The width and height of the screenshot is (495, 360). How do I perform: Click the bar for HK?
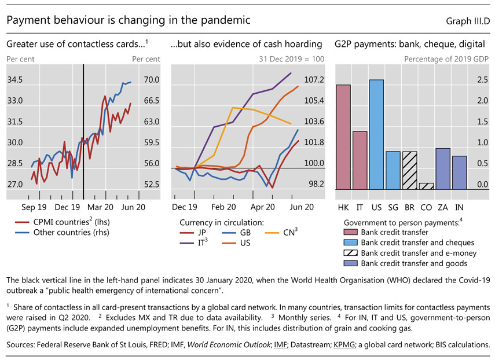pyautogui.click(x=343, y=137)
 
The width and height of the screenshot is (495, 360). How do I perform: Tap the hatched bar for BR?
pyautogui.click(x=409, y=170)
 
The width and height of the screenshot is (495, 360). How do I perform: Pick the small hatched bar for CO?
pyautogui.click(x=426, y=186)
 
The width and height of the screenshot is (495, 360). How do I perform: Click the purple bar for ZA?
pyautogui.click(x=443, y=168)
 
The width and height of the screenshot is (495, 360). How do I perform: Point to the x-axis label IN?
pyautogui.click(x=459, y=206)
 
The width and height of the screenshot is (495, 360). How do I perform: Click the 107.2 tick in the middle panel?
pyautogui.click(x=315, y=80)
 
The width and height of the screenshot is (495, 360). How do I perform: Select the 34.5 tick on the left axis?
pyautogui.click(x=15, y=80)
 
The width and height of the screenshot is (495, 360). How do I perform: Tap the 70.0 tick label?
pyautogui.click(x=152, y=80)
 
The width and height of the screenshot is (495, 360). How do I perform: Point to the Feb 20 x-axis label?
pyautogui.click(x=223, y=206)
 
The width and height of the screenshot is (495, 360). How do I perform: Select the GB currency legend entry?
pyautogui.click(x=244, y=233)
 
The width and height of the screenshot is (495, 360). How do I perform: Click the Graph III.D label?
pyautogui.click(x=468, y=21)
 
